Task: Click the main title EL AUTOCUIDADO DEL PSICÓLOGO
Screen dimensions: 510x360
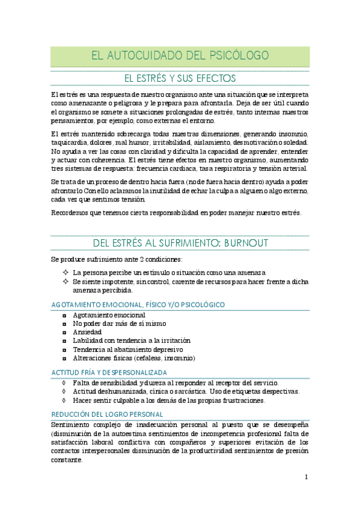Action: point(180,56)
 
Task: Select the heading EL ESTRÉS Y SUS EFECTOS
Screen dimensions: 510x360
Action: point(180,78)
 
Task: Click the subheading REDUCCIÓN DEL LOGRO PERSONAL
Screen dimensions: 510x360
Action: point(106,414)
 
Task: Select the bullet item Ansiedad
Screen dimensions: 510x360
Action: point(87,332)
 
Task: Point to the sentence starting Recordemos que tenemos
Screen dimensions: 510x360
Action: point(177,212)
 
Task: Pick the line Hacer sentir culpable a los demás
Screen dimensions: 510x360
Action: point(169,400)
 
